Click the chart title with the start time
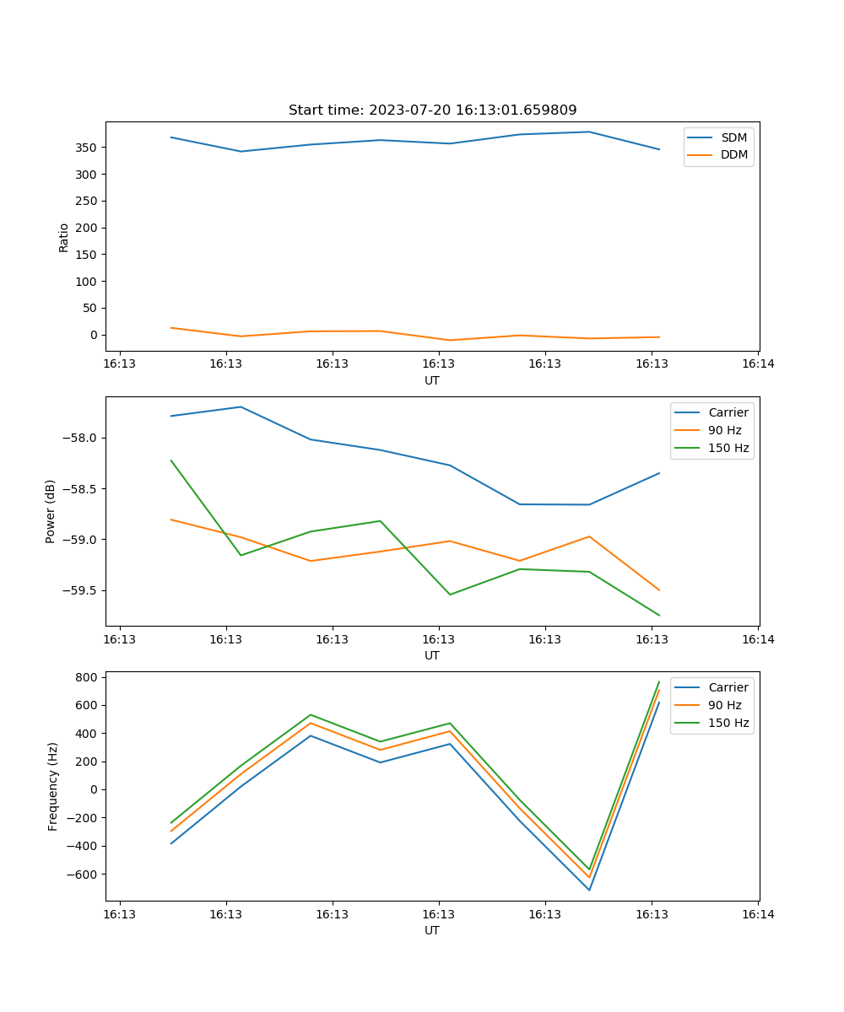[x=432, y=110]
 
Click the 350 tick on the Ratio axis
[x=88, y=148]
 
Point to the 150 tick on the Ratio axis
[x=88, y=255]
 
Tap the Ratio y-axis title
[x=64, y=237]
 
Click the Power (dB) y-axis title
[x=51, y=511]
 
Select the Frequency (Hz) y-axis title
[x=52, y=786]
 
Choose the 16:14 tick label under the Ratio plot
[x=758, y=364]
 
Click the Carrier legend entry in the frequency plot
[x=728, y=687]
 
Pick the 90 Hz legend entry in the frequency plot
[x=724, y=705]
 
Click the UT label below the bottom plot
[x=432, y=930]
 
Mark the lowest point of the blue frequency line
[x=589, y=890]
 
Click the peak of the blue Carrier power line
[x=241, y=406]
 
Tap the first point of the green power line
[x=171, y=460]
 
